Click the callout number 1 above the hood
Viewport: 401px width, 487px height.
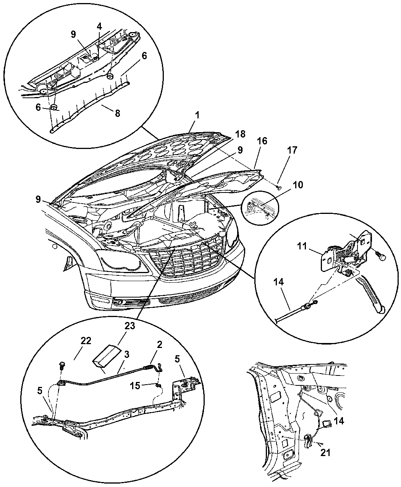(x=197, y=115)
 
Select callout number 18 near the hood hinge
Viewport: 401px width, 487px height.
(x=241, y=134)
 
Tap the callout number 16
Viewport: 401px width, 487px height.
(x=262, y=141)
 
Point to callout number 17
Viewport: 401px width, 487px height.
(x=292, y=150)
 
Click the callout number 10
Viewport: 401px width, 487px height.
(x=298, y=185)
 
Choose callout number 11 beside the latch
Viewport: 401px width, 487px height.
(x=302, y=246)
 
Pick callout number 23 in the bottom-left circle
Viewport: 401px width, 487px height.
(x=130, y=326)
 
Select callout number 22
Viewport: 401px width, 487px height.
(x=86, y=341)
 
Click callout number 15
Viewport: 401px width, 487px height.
(x=135, y=386)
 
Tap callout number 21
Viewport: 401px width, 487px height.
(x=325, y=453)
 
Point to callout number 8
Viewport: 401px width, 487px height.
(x=117, y=113)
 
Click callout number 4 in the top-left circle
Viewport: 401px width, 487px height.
(x=99, y=27)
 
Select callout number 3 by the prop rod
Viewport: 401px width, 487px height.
(x=127, y=354)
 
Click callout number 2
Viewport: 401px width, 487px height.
(x=159, y=344)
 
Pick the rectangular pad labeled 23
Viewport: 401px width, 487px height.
(x=107, y=356)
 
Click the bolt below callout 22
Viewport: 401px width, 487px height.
(x=62, y=365)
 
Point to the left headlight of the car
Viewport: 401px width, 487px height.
(x=121, y=262)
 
